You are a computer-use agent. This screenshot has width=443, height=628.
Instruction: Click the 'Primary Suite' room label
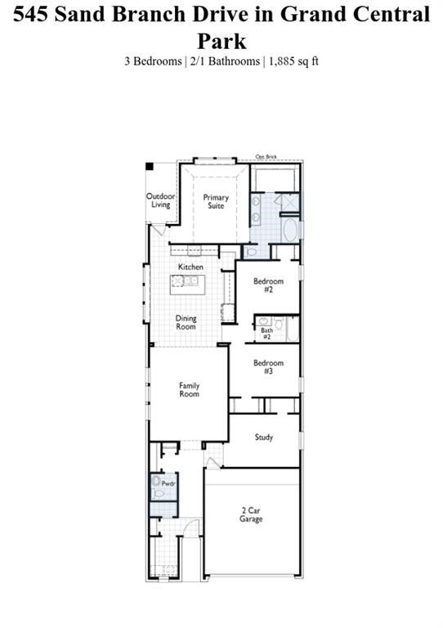coord(216,201)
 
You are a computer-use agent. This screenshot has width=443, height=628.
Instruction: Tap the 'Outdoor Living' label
coord(161,200)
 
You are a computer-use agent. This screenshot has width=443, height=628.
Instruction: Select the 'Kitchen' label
coord(191,267)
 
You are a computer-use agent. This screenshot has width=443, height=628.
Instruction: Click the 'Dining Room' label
coord(186,322)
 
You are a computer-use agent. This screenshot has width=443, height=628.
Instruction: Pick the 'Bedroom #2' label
coord(268,285)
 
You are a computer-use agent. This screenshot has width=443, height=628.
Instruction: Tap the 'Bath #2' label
coord(266,334)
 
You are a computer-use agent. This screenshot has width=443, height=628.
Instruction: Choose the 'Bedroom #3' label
coord(268,367)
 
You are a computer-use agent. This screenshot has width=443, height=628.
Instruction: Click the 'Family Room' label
coord(190,390)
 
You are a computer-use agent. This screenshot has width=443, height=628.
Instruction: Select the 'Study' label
coord(263,437)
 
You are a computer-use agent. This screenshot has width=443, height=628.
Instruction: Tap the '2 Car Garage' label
coord(251,515)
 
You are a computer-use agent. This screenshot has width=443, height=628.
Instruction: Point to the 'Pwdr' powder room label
coord(168,484)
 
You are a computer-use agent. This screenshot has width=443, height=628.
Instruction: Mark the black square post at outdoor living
coord(150,167)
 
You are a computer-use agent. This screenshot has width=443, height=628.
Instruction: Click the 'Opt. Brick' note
coord(266,157)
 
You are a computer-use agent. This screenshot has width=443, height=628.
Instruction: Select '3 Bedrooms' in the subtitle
coord(153,61)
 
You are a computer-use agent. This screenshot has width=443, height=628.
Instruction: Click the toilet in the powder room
coord(159,493)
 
